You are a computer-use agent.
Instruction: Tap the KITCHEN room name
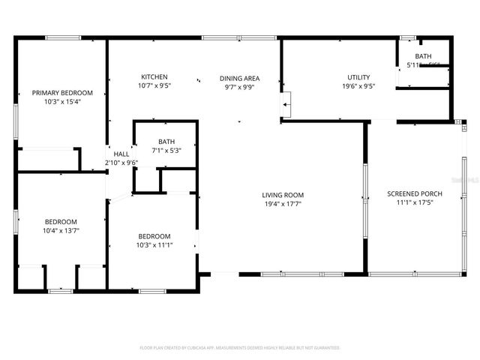(154, 76)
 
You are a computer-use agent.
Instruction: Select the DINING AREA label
(239, 77)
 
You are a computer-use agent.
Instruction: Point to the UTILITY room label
(358, 77)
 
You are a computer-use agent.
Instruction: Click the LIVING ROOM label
(283, 195)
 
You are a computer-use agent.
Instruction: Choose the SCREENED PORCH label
(414, 194)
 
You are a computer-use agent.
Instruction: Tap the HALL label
(121, 154)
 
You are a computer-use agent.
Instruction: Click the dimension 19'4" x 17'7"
(283, 204)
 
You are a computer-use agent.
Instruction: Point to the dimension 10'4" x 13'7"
(61, 230)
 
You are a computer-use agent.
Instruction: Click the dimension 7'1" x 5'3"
(166, 150)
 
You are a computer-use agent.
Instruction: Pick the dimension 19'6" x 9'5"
(358, 85)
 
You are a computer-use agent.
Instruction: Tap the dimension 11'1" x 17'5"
(414, 203)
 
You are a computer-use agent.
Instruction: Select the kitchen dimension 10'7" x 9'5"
(154, 85)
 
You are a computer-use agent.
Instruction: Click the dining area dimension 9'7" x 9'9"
(239, 85)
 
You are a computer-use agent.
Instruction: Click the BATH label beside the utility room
(423, 56)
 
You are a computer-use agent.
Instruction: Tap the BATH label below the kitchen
(166, 142)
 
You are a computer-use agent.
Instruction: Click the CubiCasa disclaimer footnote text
(240, 348)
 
